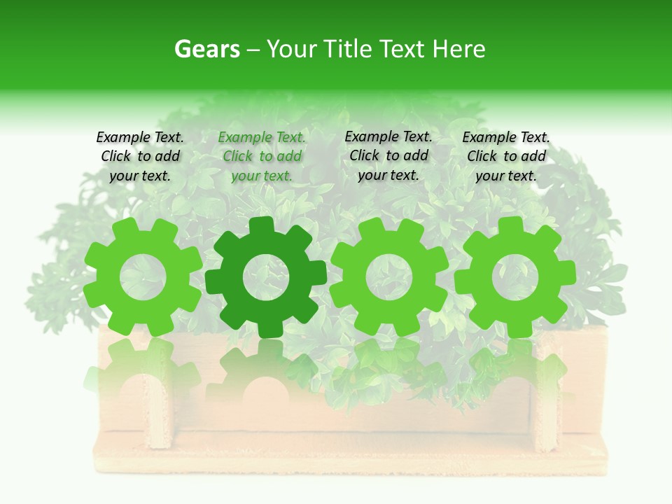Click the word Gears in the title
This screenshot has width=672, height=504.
206,49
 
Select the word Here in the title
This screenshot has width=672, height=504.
458,49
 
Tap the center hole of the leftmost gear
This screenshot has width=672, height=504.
143,276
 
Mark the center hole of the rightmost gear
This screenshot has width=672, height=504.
515,276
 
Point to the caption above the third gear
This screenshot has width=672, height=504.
388,155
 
